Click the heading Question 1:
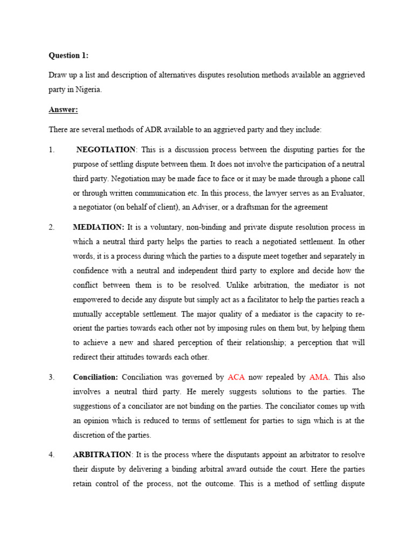click(68, 55)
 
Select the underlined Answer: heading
click(63, 110)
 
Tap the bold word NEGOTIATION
click(106, 149)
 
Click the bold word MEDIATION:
click(99, 227)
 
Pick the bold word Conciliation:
click(95, 377)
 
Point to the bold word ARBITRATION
click(102, 455)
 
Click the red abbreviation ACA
click(237, 377)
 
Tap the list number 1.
click(52, 149)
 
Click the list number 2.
click(52, 227)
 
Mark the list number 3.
click(52, 377)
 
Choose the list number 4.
click(52, 455)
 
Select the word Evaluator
click(346, 192)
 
